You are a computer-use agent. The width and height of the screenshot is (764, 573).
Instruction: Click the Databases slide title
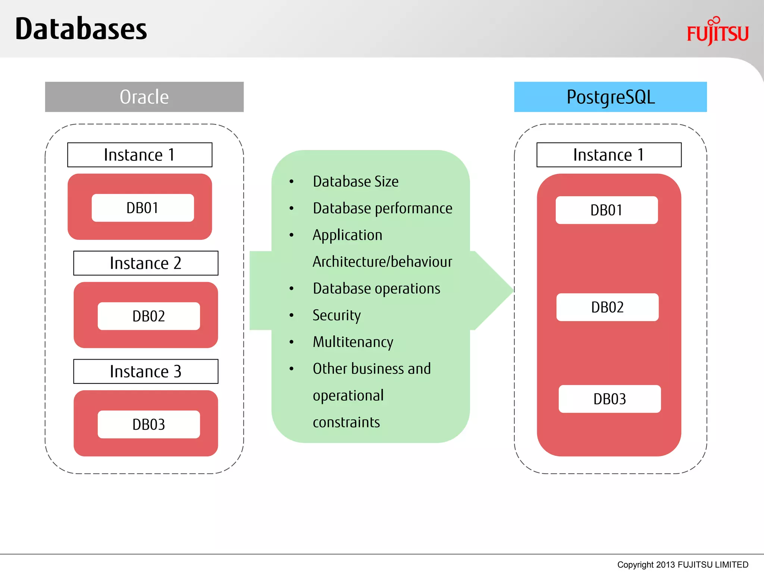pyautogui.click(x=81, y=29)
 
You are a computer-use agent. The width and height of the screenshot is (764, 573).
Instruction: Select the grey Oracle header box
pyautogui.click(x=144, y=97)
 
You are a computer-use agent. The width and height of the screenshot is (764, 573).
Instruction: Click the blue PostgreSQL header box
pyautogui.click(x=610, y=97)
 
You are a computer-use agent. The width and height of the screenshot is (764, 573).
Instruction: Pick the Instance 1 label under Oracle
pyautogui.click(x=140, y=155)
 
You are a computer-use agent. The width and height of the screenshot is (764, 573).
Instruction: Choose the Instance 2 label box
pyautogui.click(x=145, y=263)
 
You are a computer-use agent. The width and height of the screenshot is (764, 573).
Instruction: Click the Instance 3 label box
pyautogui.click(x=145, y=372)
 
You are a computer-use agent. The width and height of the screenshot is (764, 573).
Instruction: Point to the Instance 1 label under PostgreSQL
pyautogui.click(x=609, y=155)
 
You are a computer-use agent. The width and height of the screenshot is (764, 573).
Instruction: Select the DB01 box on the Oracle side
pyautogui.click(x=143, y=208)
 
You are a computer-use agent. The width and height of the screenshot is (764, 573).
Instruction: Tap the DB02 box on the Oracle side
pyautogui.click(x=148, y=316)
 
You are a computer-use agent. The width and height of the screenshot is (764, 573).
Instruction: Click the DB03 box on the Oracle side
pyautogui.click(x=148, y=425)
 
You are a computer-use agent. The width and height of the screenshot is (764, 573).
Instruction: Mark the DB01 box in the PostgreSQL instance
pyautogui.click(x=607, y=210)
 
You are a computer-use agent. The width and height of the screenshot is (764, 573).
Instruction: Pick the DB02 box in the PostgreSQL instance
pyautogui.click(x=607, y=307)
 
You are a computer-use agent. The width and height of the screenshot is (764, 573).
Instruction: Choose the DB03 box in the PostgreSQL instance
pyautogui.click(x=610, y=399)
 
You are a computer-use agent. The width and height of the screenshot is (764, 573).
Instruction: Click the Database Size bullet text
pyautogui.click(x=356, y=182)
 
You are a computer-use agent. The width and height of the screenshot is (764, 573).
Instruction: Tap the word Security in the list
pyautogui.click(x=336, y=316)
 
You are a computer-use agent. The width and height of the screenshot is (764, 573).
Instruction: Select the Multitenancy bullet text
pyautogui.click(x=353, y=342)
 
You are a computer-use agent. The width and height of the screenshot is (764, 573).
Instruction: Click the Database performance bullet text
pyautogui.click(x=382, y=209)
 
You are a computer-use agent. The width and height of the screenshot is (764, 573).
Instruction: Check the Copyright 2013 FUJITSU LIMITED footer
pyautogui.click(x=682, y=565)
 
